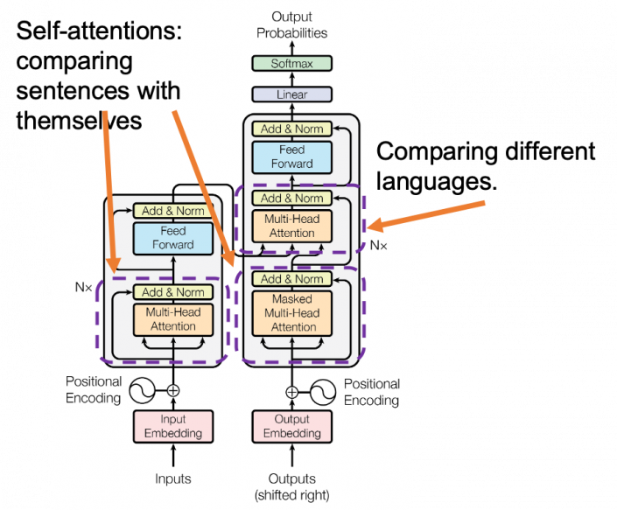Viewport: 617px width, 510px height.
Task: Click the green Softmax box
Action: pyautogui.click(x=291, y=64)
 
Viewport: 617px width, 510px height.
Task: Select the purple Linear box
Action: pyautogui.click(x=291, y=94)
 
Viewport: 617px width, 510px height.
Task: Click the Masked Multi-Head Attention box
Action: pyautogui.click(x=292, y=313)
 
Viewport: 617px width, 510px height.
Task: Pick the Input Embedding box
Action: pyautogui.click(x=173, y=426)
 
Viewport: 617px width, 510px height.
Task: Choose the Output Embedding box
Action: pyautogui.click(x=292, y=426)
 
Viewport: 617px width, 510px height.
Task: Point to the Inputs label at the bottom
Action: pyautogui.click(x=173, y=479)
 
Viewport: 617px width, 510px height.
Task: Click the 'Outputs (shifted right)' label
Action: pyautogui.click(x=292, y=486)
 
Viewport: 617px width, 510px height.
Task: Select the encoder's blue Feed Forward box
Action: pyautogui.click(x=173, y=238)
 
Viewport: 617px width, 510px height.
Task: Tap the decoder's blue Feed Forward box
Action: pyautogui.click(x=292, y=157)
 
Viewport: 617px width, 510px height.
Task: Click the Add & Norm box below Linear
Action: pyautogui.click(x=292, y=129)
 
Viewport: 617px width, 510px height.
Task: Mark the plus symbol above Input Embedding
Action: pyautogui.click(x=173, y=391)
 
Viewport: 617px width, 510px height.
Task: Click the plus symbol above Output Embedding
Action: pyautogui.click(x=292, y=391)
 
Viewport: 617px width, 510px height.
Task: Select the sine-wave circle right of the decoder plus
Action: pyautogui.click(x=323, y=391)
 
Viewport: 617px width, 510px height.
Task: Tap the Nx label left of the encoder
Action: pyautogui.click(x=83, y=286)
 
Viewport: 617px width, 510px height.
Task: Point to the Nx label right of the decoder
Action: pyautogui.click(x=378, y=246)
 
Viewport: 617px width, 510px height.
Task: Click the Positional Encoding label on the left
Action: pyautogui.click(x=93, y=391)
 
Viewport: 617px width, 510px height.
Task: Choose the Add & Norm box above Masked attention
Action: pyautogui.click(x=292, y=279)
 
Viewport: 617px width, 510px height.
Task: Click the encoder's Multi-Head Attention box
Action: pyautogui.click(x=173, y=319)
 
